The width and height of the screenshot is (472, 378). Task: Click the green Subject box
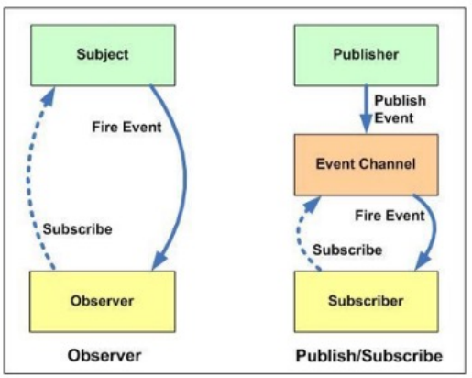[103, 55]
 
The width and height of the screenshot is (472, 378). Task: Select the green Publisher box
[367, 55]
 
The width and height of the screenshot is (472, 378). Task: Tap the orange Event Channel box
[367, 164]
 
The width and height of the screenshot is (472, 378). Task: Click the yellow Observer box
[103, 301]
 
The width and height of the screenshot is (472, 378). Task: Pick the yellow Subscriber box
[367, 301]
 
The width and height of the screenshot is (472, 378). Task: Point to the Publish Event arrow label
[400, 109]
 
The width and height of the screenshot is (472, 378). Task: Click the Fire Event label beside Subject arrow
[126, 127]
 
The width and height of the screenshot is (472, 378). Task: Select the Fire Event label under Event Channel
[390, 216]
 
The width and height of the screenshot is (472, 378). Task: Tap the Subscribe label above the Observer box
[78, 229]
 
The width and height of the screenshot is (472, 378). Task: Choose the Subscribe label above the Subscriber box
[347, 250]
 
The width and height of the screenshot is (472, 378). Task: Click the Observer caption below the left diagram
[104, 356]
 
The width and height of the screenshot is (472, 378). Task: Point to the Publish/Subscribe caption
[369, 356]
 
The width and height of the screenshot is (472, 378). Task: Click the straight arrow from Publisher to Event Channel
[366, 109]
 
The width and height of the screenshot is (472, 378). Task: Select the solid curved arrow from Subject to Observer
[184, 177]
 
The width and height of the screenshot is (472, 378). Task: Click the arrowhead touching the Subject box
[49, 96]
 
